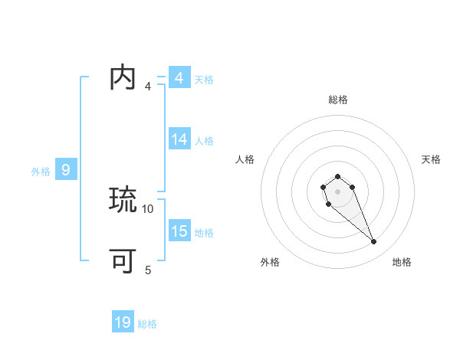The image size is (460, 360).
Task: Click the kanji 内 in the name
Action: point(123,78)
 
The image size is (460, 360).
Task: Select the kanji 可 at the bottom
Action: point(123,262)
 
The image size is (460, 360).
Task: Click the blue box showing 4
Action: point(179,78)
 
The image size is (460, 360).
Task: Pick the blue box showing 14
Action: point(179,139)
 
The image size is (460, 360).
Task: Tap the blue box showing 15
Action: point(179,231)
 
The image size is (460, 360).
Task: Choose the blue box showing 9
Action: point(66,170)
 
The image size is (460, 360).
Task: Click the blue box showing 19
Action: point(123,322)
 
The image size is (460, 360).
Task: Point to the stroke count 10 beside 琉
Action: point(148,208)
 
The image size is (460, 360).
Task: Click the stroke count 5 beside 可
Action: point(148,270)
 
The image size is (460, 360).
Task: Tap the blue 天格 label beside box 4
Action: point(204,80)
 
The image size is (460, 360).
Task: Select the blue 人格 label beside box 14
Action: point(204,141)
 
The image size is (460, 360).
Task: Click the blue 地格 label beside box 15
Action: point(204,233)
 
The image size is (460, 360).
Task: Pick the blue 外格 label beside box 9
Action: point(41,172)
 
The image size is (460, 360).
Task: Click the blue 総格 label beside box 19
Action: point(147,324)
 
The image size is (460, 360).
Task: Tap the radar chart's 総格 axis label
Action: point(337,100)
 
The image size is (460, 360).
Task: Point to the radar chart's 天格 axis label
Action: point(431,159)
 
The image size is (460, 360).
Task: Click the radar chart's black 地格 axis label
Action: point(402,262)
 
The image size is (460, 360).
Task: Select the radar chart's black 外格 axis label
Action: point(270,262)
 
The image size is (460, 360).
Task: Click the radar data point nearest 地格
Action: point(373,242)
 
